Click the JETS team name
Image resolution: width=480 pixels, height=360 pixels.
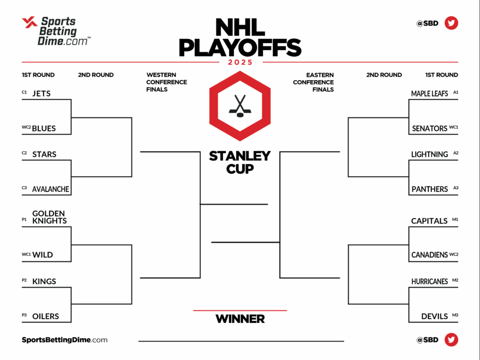pos(41,93)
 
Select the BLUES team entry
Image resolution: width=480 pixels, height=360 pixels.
pos(44,129)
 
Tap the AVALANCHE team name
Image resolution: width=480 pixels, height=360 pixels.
pos(51,189)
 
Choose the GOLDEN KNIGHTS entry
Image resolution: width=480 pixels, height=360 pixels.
pos(49,217)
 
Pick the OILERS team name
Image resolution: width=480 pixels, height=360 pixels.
pos(45,316)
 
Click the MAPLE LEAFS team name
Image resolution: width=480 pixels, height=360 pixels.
pos(429,93)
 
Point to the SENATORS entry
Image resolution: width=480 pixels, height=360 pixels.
pos(429,129)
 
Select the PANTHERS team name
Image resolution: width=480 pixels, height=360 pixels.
pos(429,189)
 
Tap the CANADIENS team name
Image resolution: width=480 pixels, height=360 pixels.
pos(429,255)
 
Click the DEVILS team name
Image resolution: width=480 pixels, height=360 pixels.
pos(434,316)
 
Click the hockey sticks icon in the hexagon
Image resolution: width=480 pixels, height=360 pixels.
pos(240,105)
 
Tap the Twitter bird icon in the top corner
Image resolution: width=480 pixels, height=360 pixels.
pos(451,23)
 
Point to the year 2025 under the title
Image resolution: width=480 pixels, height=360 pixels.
pos(240,62)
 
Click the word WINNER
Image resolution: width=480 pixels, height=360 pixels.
pos(240,319)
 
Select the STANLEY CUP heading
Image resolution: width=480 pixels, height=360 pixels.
pos(240,163)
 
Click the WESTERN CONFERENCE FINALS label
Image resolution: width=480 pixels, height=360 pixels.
pos(166,82)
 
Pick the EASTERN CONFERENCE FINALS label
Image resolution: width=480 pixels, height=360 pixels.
pos(313,82)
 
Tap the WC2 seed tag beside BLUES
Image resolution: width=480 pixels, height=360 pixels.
pos(26,128)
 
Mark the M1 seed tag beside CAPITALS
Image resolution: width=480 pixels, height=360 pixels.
pos(455,220)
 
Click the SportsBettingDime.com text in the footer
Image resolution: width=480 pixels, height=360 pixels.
pos(64,340)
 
